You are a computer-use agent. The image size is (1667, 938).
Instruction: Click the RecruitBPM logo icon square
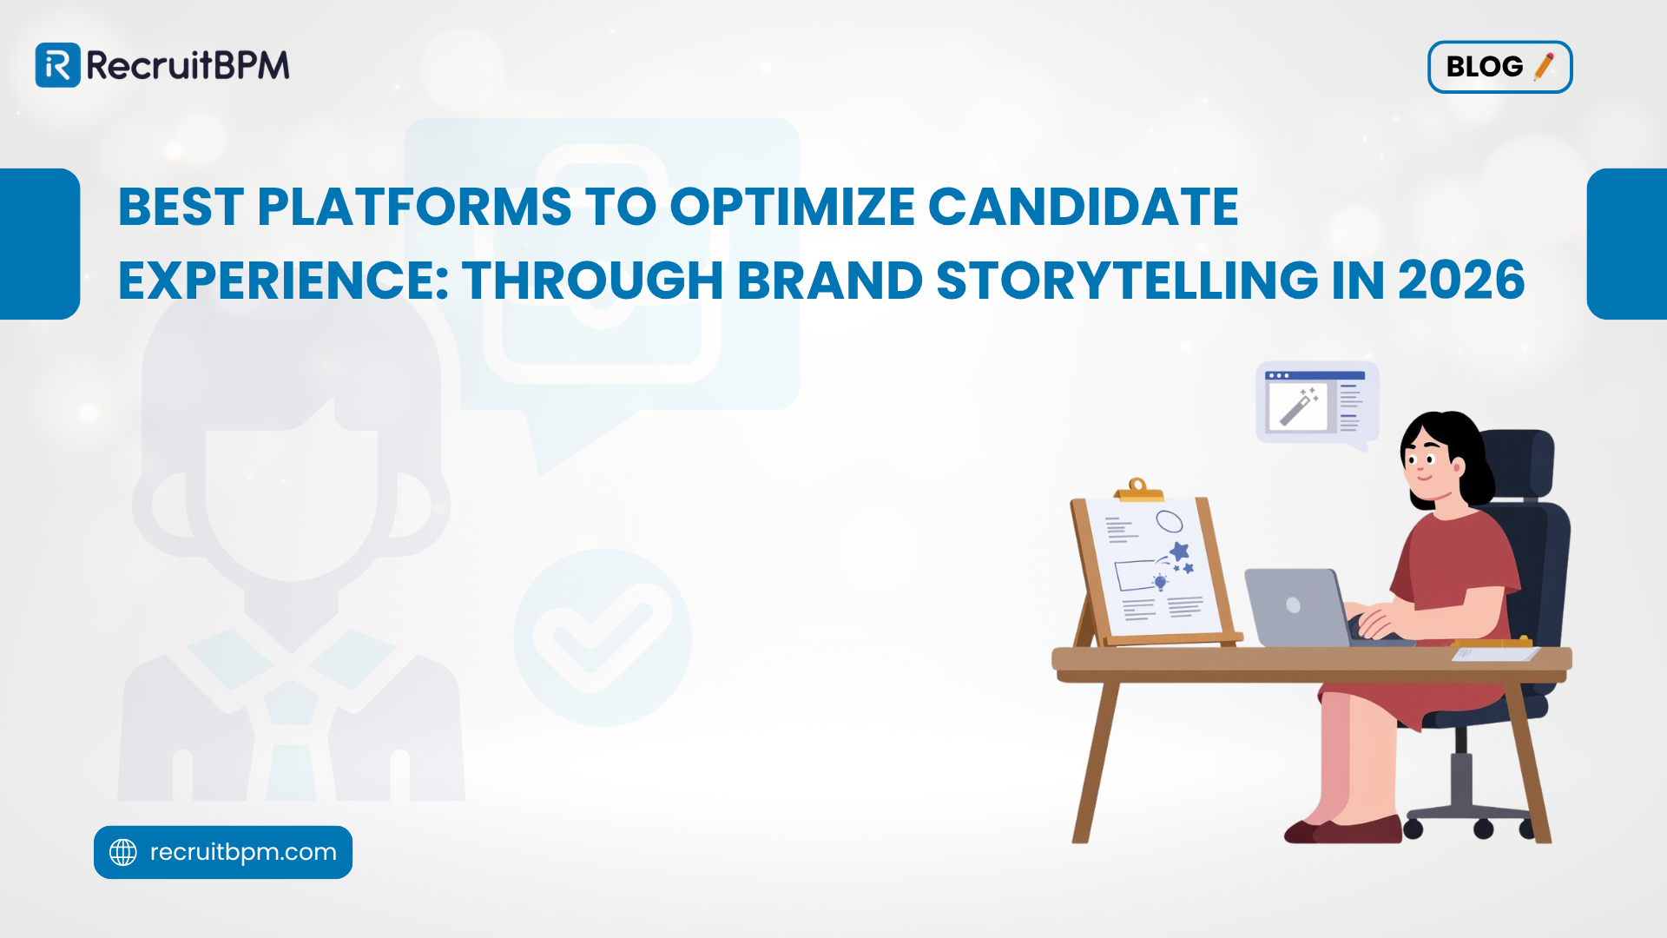tap(57, 65)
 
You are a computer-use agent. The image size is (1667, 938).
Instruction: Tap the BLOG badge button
tap(1499, 67)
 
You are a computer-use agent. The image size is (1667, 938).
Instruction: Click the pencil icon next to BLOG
tap(1544, 66)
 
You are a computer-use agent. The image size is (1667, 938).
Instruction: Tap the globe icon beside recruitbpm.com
tap(123, 852)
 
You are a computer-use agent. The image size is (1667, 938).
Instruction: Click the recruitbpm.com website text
tap(243, 852)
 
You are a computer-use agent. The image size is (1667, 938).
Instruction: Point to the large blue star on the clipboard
tap(1178, 551)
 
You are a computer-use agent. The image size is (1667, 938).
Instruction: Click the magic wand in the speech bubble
tap(1298, 406)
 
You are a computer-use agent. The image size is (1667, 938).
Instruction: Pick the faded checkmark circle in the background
tap(603, 637)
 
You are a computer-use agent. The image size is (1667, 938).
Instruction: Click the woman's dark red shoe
tap(1354, 830)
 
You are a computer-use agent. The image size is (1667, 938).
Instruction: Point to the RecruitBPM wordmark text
tap(188, 65)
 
